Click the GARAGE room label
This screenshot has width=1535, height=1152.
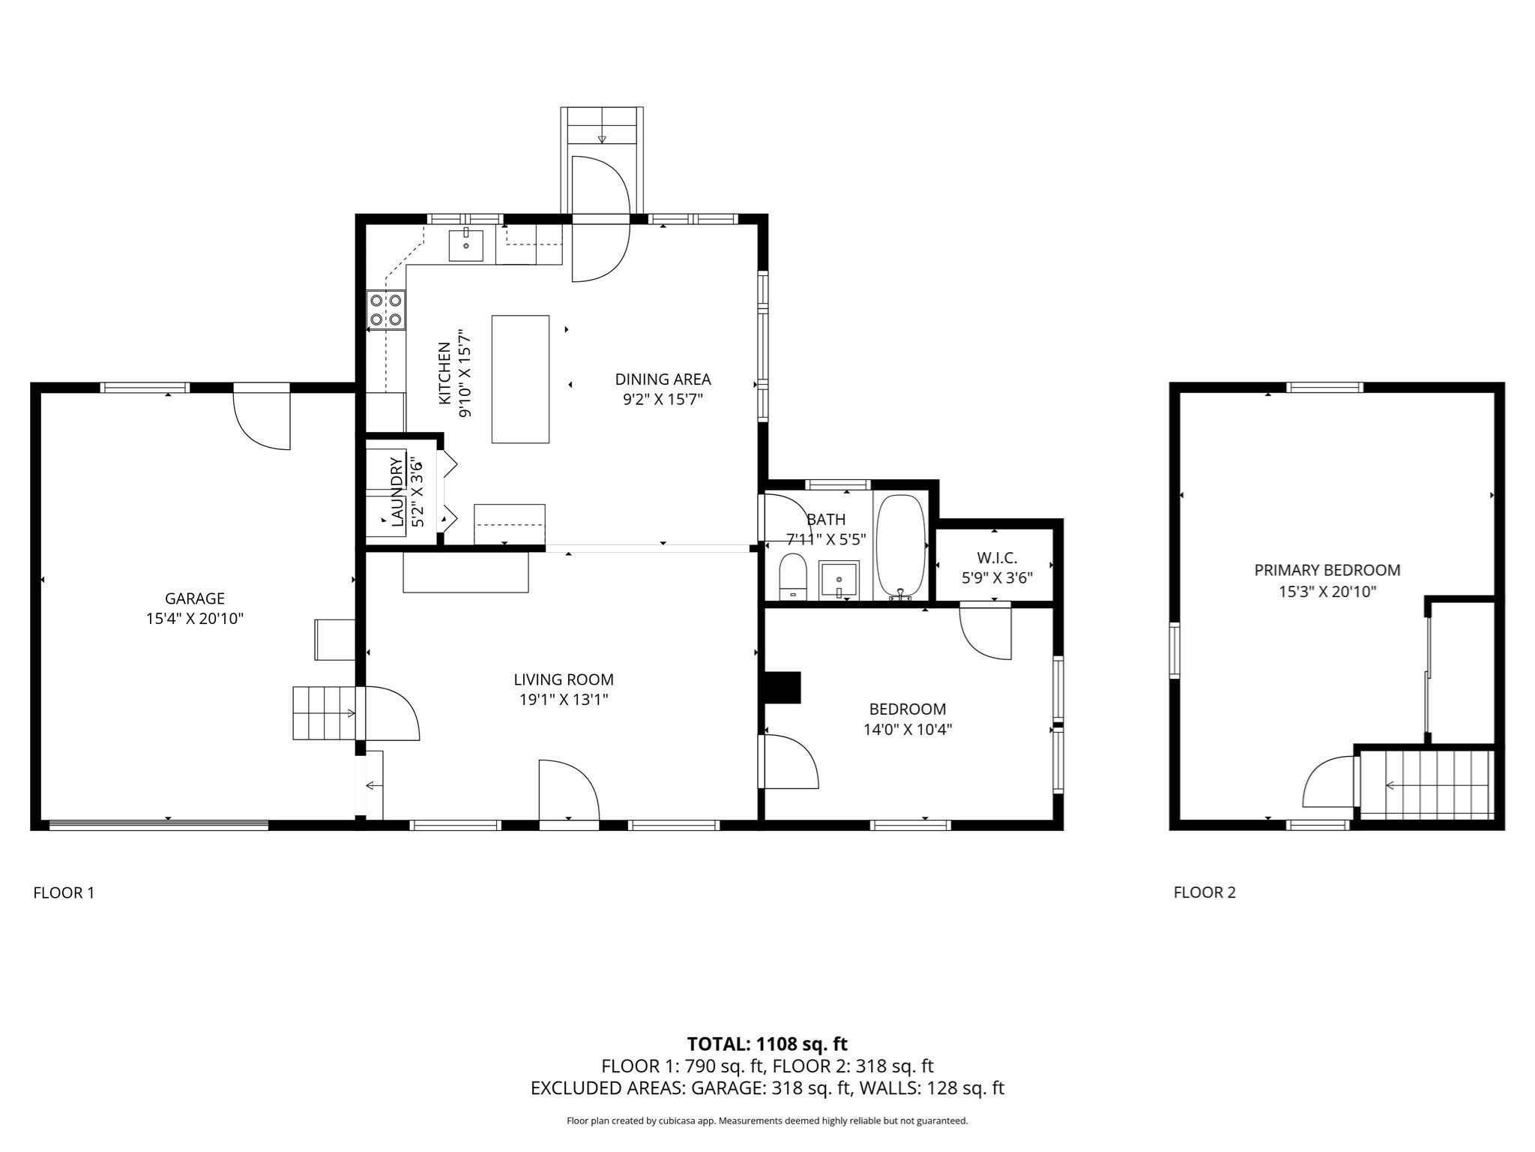pyautogui.click(x=195, y=598)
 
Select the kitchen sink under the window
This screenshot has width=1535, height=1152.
pyautogui.click(x=465, y=245)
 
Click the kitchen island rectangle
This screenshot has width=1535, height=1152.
pyautogui.click(x=520, y=379)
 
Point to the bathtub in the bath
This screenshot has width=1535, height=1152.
pyautogui.click(x=901, y=547)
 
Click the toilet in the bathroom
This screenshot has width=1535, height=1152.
pyautogui.click(x=792, y=577)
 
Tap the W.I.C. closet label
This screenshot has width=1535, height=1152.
pyautogui.click(x=997, y=558)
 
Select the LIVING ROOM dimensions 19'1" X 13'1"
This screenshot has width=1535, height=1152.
pyautogui.click(x=564, y=700)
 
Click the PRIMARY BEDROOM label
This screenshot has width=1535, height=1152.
pyautogui.click(x=1327, y=570)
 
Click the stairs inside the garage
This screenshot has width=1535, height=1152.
pyautogui.click(x=322, y=712)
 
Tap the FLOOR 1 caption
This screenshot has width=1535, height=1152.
pyautogui.click(x=64, y=892)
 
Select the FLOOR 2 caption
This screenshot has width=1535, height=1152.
pyautogui.click(x=1204, y=892)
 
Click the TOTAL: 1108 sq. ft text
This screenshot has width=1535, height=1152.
pyautogui.click(x=767, y=1043)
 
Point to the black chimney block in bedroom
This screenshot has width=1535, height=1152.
pyautogui.click(x=782, y=687)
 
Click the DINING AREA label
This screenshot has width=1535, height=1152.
pyautogui.click(x=663, y=379)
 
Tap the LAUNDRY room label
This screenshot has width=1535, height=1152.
pyautogui.click(x=396, y=491)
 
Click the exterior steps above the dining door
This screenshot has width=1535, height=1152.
pyautogui.click(x=602, y=126)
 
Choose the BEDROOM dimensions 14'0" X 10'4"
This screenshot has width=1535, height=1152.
pyautogui.click(x=907, y=729)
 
